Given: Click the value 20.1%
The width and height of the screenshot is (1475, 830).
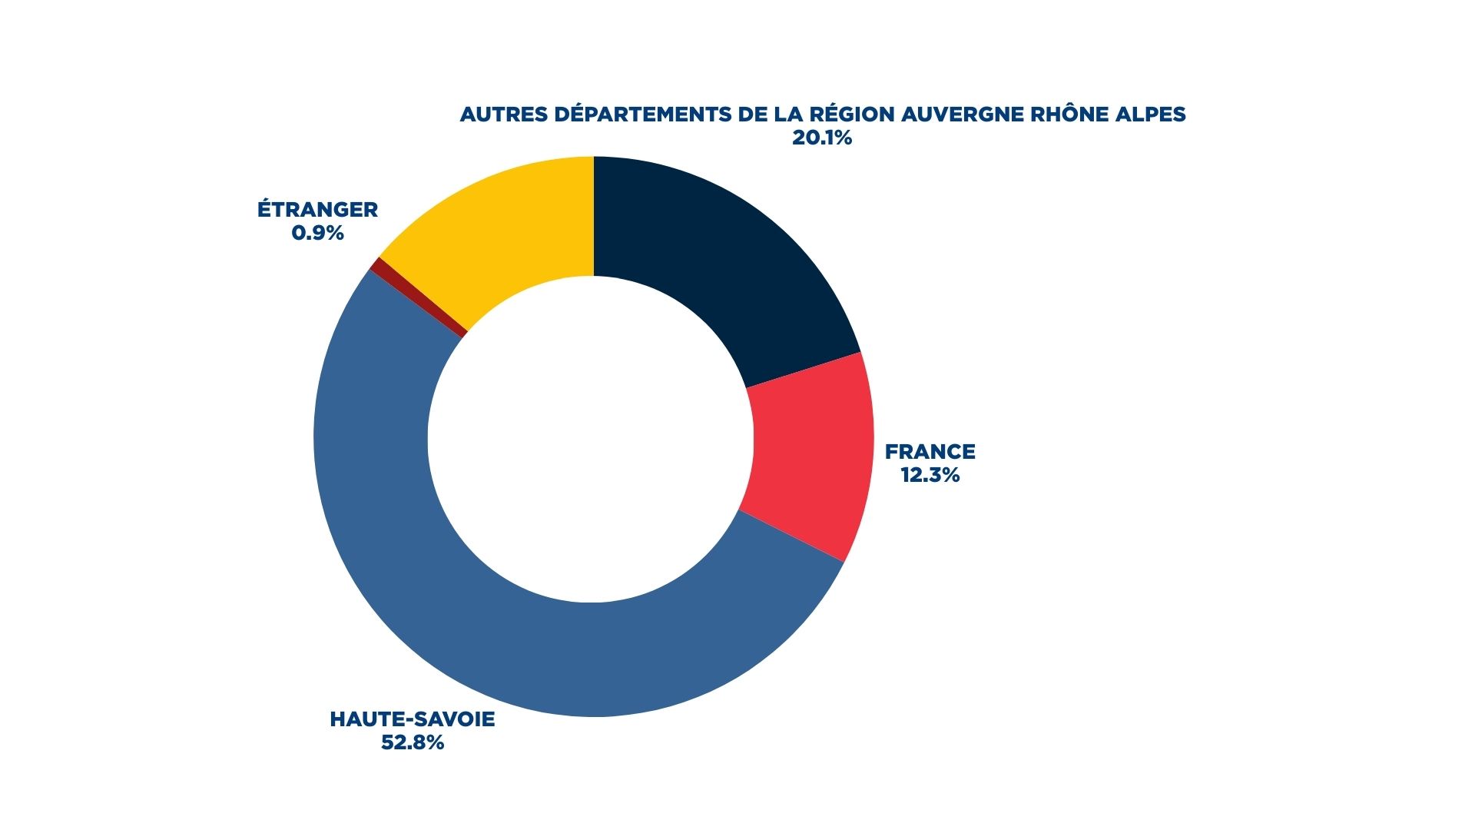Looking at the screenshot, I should [822, 138].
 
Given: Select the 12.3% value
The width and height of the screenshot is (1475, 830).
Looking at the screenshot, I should [930, 475].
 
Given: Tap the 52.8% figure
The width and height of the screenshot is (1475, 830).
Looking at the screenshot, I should [413, 743].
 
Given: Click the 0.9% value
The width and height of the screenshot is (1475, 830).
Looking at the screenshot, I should [317, 233].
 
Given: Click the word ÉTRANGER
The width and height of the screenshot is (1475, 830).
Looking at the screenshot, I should [317, 210].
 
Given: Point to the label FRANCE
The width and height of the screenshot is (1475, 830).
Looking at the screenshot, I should [930, 451].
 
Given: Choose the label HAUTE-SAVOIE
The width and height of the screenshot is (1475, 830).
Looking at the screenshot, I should [413, 719].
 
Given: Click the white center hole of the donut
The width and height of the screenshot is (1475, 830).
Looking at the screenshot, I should [591, 438].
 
